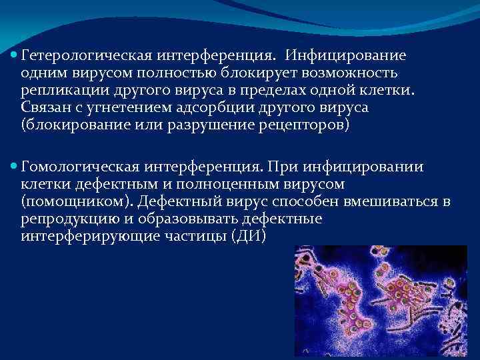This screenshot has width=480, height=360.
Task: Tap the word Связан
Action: [45, 107]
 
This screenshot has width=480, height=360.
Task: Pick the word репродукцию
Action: [65, 218]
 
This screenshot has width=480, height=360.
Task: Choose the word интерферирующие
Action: [85, 235]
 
